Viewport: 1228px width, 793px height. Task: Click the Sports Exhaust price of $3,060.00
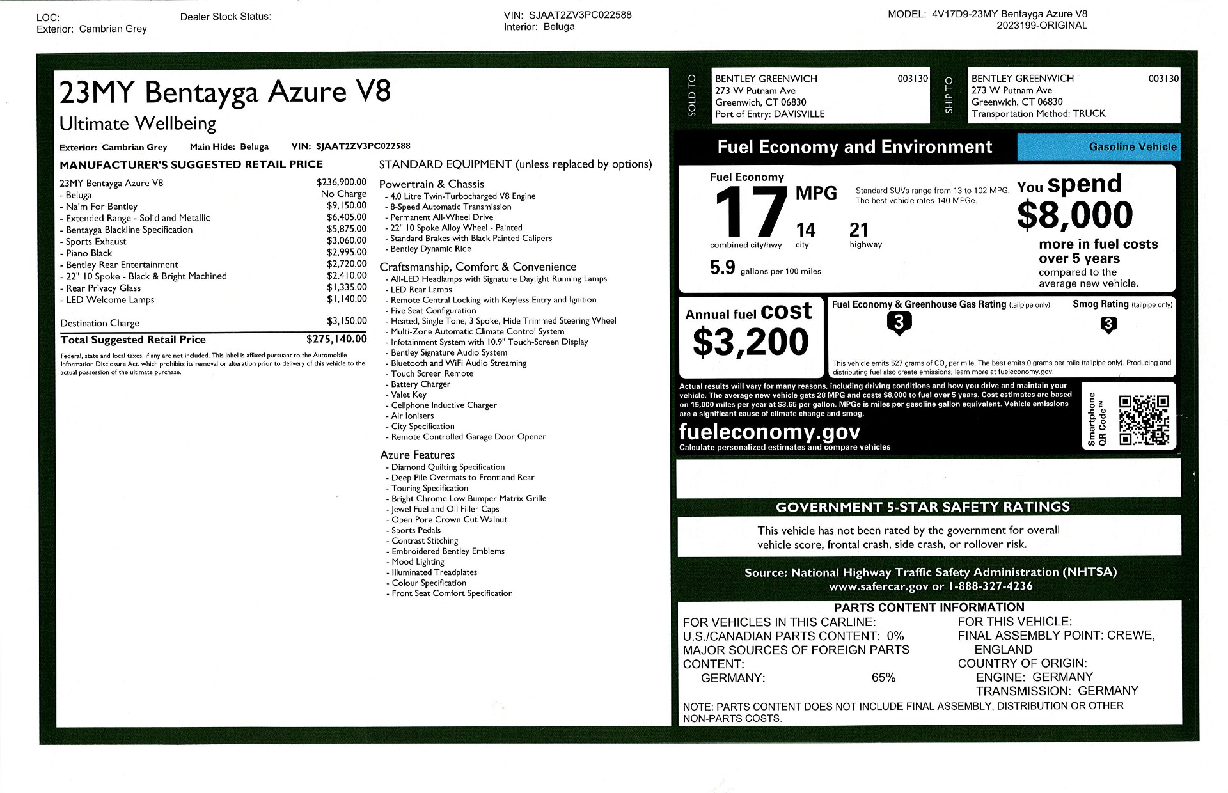(x=347, y=240)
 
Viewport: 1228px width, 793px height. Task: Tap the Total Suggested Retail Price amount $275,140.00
(x=336, y=339)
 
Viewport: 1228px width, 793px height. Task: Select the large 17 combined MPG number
(x=750, y=212)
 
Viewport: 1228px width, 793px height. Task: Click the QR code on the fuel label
(x=1144, y=420)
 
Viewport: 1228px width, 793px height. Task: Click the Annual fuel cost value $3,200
(x=750, y=342)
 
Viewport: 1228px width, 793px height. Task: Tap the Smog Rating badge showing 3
(x=1108, y=325)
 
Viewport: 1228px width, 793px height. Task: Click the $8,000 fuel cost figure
(x=1074, y=215)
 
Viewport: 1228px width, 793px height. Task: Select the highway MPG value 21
(x=859, y=230)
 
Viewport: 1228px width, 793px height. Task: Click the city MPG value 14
(x=805, y=230)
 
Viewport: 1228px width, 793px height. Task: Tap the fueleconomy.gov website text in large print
(x=769, y=432)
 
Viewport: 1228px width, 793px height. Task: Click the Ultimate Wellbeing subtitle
(x=138, y=123)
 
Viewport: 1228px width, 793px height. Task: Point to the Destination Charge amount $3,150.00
(x=347, y=321)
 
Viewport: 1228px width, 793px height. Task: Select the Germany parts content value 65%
(x=883, y=677)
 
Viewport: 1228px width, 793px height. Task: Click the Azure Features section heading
(x=417, y=455)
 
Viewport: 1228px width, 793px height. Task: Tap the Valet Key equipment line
(x=409, y=395)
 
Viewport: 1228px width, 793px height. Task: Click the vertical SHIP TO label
(x=949, y=95)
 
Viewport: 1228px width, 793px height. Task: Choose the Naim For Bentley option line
(x=101, y=207)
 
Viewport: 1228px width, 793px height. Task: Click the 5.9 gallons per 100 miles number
(x=722, y=267)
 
